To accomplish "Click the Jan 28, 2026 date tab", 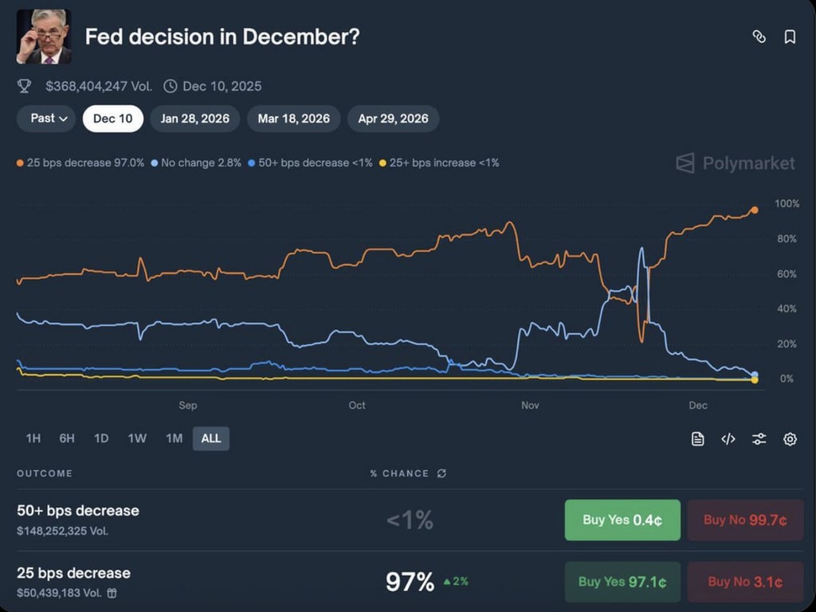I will [194, 119].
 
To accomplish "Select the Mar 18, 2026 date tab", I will [293, 119].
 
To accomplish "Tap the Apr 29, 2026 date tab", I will [393, 119].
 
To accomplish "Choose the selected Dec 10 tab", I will [113, 119].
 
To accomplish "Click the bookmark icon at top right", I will [790, 37].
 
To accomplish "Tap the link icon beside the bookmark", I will [759, 37].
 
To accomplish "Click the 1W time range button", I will [137, 438].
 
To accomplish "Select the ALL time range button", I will [211, 438].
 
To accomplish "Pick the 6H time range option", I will [67, 438].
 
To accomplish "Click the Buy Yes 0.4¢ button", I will [622, 520].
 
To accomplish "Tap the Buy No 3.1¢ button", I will [745, 582].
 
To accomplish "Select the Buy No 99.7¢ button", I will [745, 520].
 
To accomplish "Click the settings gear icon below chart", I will [790, 439].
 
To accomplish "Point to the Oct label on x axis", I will [357, 406].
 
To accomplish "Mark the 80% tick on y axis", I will [786, 239].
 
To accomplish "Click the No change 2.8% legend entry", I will [196, 163].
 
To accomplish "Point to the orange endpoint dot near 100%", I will [754, 210].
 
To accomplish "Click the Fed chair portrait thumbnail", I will [44, 37].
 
